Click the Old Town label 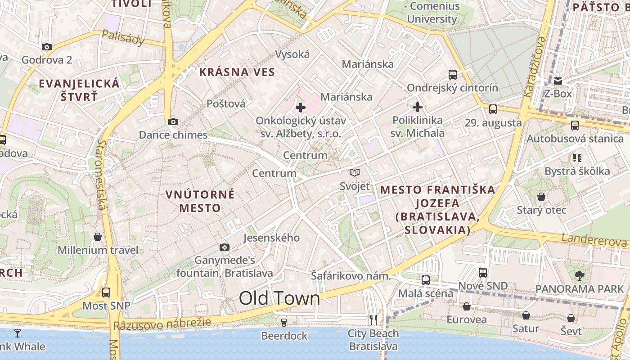pyautogui.click(x=279, y=298)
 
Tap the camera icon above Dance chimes pyautogui.click(x=173, y=121)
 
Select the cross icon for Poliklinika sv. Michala pyautogui.click(x=418, y=107)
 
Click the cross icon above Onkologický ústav pyautogui.click(x=301, y=108)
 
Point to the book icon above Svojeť pyautogui.click(x=355, y=172)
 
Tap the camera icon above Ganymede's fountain pyautogui.click(x=224, y=247)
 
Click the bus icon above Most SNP pyautogui.click(x=106, y=292)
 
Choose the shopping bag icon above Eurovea pyautogui.click(x=467, y=306)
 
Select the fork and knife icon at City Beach pyautogui.click(x=373, y=319)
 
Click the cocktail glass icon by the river pyautogui.click(x=18, y=333)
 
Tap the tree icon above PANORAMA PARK pyautogui.click(x=579, y=275)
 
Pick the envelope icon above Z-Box pyautogui.click(x=558, y=81)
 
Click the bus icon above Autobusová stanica pyautogui.click(x=575, y=125)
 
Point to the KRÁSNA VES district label pyautogui.click(x=237, y=72)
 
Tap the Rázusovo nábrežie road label pyautogui.click(x=162, y=323)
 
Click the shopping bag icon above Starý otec pyautogui.click(x=541, y=197)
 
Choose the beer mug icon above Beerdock pyautogui.click(x=284, y=322)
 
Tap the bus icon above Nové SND pyautogui.click(x=483, y=272)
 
